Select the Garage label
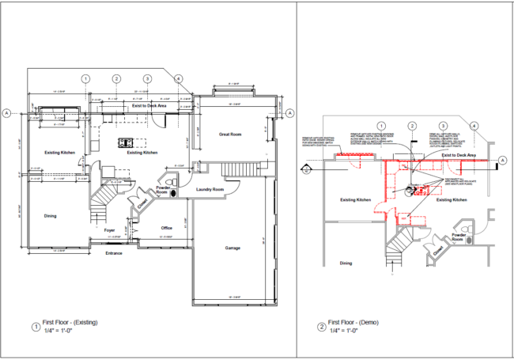pos(232,248)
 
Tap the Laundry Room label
pos(210,189)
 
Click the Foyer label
pos(110,230)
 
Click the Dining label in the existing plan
pos(50,215)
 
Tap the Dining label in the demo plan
pos(345,263)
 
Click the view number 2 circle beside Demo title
pos(321,327)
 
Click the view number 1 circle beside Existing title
pos(35,327)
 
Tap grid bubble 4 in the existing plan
pos(179,79)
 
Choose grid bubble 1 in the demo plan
pos(381,126)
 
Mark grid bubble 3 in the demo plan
pos(443,126)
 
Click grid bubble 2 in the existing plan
pos(116,79)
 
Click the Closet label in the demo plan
pos(437,251)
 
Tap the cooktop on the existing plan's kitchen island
pos(126,143)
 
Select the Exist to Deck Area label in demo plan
pos(459,156)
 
